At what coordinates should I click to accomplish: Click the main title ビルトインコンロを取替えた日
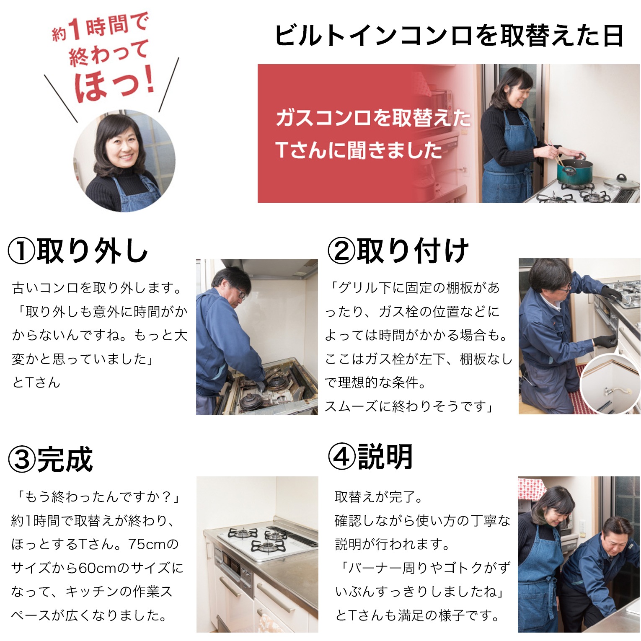[x=449, y=35]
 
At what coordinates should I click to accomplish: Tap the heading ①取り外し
[x=78, y=251]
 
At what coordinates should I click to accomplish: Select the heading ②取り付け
[x=398, y=251]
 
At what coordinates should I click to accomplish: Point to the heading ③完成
[x=51, y=459]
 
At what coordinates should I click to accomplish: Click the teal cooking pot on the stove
[x=574, y=172]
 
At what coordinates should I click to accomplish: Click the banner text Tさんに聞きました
[x=359, y=150]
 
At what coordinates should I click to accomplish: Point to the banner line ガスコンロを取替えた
[x=373, y=118]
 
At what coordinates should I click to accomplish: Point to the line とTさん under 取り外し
[x=36, y=382]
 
